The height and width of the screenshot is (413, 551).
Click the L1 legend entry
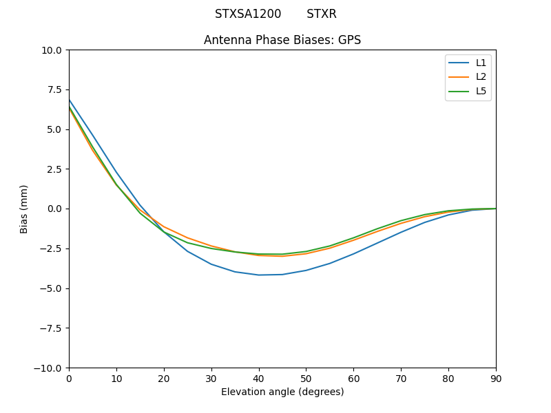(481, 63)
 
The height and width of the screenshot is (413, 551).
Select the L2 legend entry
(481, 77)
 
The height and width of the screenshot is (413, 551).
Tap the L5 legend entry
(481, 91)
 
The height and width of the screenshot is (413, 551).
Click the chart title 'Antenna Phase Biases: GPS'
(282, 40)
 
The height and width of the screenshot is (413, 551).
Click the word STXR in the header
(322, 14)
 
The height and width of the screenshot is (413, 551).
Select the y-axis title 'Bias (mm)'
(24, 209)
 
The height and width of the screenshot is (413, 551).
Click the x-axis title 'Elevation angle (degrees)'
(282, 392)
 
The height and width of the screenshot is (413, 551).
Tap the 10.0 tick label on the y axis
(52, 50)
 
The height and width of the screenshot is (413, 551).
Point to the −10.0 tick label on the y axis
(50, 368)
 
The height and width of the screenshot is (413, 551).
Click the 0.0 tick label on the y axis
(55, 209)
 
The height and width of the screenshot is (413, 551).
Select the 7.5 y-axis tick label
(55, 89)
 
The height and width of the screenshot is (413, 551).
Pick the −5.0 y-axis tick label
(52, 288)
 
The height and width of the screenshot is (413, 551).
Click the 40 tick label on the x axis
(259, 378)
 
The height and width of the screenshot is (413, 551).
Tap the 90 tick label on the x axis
(496, 378)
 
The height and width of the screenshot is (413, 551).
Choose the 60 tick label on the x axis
(353, 378)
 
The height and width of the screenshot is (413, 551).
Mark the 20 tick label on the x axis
(164, 378)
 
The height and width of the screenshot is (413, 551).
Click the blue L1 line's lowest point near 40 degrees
(259, 275)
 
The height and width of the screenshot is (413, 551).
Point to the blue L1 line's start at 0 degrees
(70, 100)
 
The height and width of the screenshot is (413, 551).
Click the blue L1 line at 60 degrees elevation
(353, 253)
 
